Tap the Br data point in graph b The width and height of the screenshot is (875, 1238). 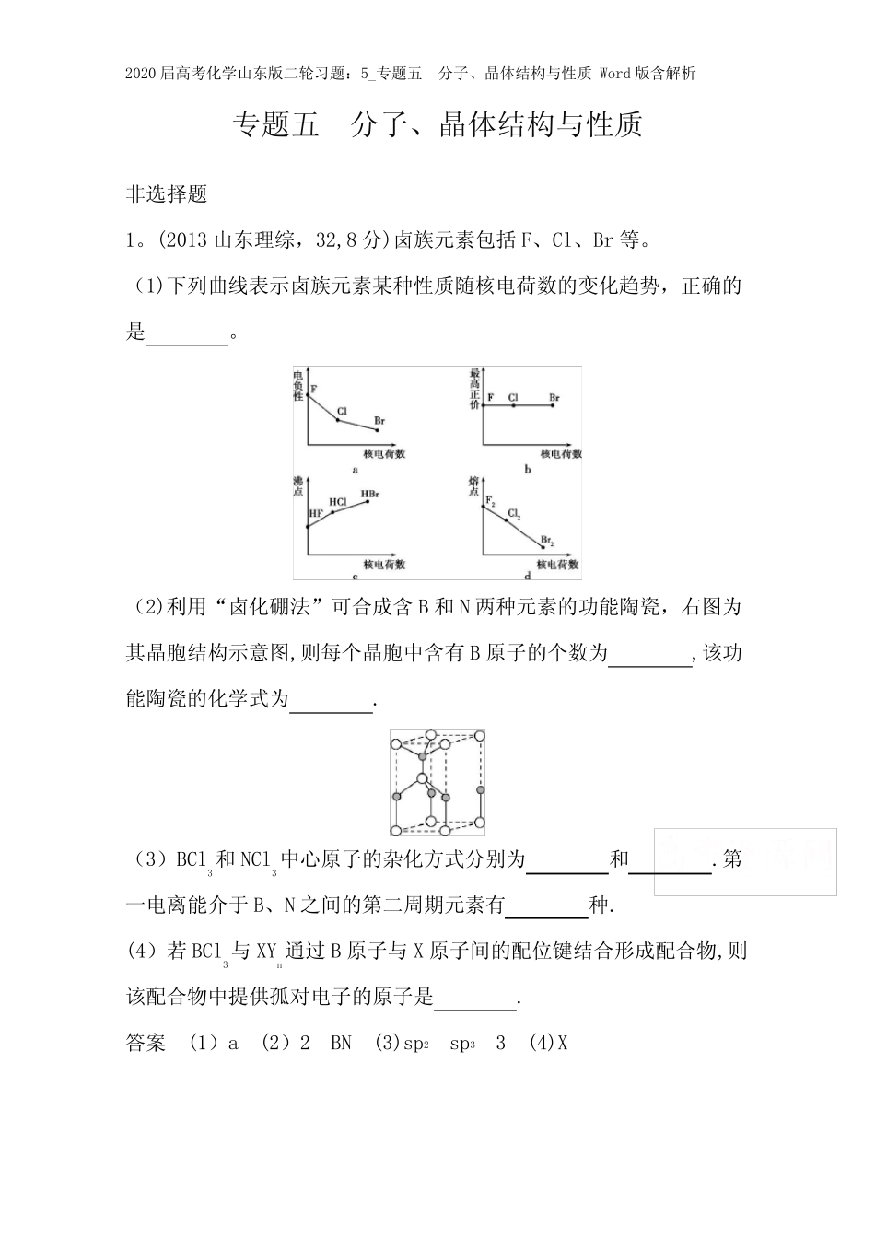coord(553,405)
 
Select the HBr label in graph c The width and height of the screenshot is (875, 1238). coord(369,496)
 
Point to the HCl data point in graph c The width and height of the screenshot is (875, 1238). coord(332,511)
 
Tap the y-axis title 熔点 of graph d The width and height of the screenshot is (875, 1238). coord(474,485)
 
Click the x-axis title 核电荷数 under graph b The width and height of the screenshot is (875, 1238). coord(561,453)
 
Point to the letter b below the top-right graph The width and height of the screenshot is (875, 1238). coord(528,470)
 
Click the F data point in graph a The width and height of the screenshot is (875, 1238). coord(308,394)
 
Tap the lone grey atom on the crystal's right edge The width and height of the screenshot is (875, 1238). coord(479,790)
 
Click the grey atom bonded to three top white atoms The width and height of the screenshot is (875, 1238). coord(423,757)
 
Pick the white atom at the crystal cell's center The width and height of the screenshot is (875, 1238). coord(422,779)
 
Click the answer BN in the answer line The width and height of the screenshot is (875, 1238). coord(341,1044)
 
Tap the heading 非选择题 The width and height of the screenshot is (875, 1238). coord(167,194)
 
